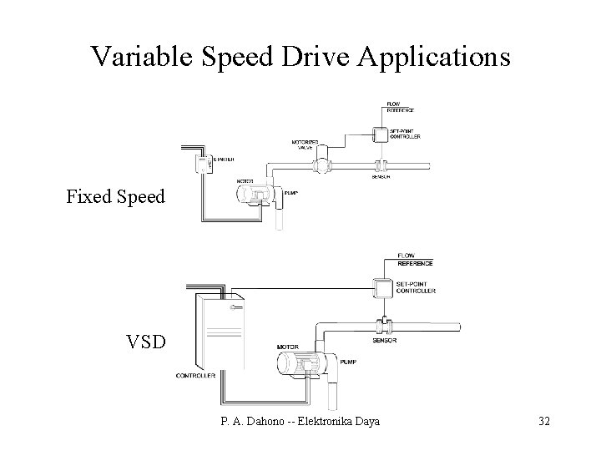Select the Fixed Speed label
coord(116,198)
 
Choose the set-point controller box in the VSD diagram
coord(383,288)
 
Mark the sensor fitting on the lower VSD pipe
coord(383,326)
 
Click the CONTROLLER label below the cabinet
coord(196,377)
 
